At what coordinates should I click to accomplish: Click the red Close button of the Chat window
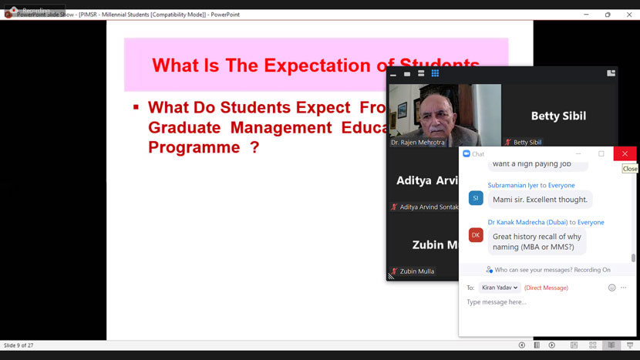tap(625, 153)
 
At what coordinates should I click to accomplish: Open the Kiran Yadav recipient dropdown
tap(499, 288)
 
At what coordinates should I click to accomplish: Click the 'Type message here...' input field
tap(540, 302)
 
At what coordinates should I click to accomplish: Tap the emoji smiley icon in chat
tap(612, 288)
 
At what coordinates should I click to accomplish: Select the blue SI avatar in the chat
tap(476, 198)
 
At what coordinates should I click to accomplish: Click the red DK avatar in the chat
tap(476, 235)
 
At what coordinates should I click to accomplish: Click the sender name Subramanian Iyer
tap(512, 185)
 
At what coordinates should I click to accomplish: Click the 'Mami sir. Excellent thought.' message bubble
tap(540, 199)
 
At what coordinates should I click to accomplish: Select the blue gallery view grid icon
tap(435, 73)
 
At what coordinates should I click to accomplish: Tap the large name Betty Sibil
tap(558, 116)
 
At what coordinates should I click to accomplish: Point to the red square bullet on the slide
tap(136, 106)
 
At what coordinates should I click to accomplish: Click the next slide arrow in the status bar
tap(551, 345)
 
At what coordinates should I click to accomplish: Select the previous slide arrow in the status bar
tap(522, 345)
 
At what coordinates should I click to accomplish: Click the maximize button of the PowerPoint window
tap(608, 15)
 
